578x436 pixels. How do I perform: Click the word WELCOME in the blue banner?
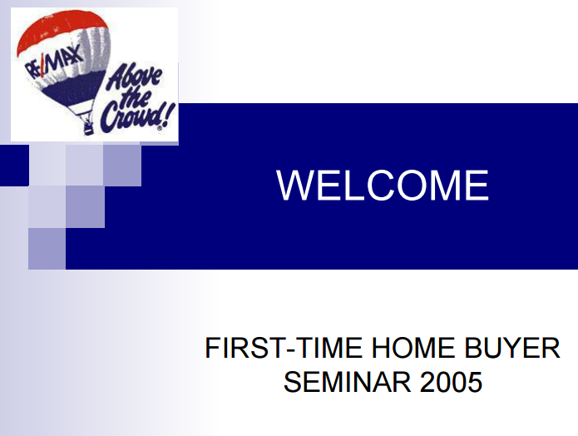pos(383,186)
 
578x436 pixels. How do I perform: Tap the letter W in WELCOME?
pos(295,186)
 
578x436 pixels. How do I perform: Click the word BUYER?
pos(512,348)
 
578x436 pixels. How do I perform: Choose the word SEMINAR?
pos(347,382)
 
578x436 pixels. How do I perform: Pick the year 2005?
pos(451,382)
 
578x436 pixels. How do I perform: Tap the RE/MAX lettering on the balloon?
pos(54,62)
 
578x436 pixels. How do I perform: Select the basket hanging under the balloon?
pos(88,128)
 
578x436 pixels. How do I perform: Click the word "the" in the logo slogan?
pos(135,99)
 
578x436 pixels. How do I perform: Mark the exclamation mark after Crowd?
pos(168,114)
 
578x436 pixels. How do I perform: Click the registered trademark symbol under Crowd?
pos(159,129)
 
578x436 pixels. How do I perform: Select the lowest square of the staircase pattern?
pos(47,249)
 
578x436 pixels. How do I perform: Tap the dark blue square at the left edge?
pos(14,166)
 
